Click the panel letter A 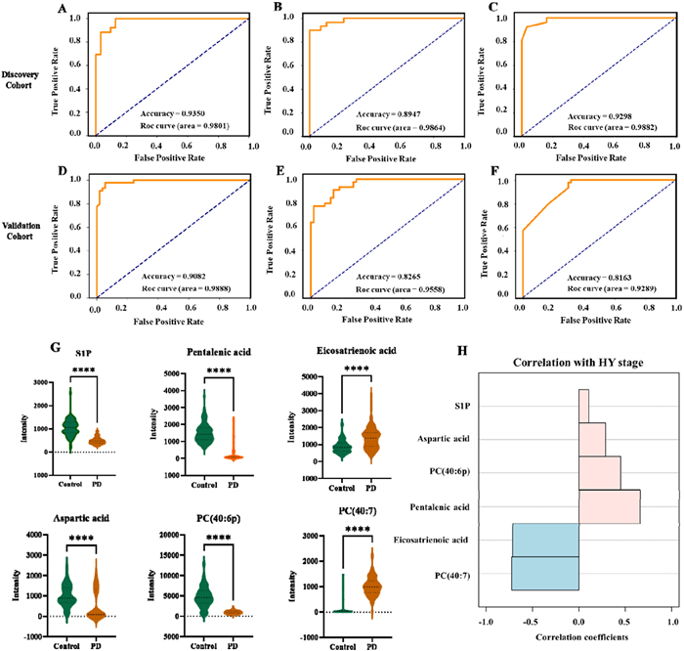pyautogui.click(x=64, y=12)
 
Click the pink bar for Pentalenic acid pyautogui.click(x=609, y=506)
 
